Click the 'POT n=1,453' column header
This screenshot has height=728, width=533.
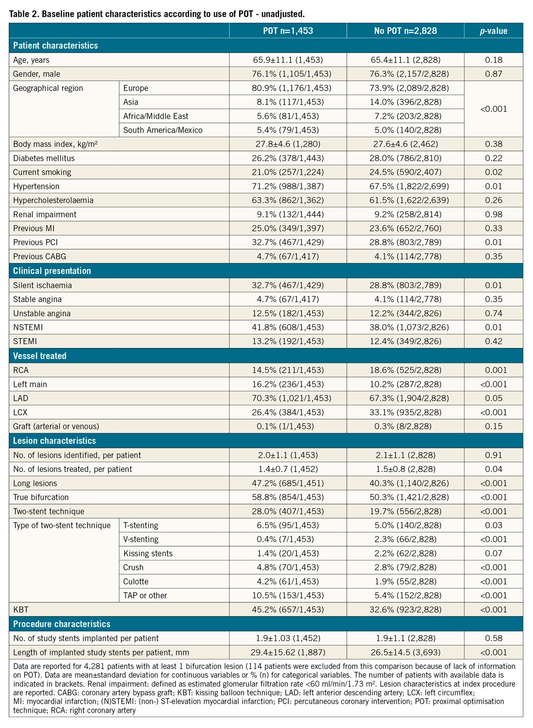(x=288, y=31)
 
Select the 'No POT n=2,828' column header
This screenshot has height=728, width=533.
(x=405, y=31)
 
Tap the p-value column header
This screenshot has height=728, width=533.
(x=493, y=31)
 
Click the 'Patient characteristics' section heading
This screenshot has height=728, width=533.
(x=56, y=45)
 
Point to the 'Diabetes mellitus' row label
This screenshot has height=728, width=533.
(x=44, y=158)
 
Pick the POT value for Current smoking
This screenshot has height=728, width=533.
(x=288, y=172)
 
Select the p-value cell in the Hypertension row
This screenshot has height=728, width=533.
(x=493, y=186)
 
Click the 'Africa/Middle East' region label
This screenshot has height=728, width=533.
(x=156, y=116)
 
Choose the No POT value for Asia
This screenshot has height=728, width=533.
(x=405, y=102)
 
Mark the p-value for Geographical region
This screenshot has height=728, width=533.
(x=493, y=109)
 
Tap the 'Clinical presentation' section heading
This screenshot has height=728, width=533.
(x=52, y=271)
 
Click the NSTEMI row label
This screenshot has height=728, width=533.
(x=28, y=327)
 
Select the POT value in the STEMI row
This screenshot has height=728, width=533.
(x=288, y=341)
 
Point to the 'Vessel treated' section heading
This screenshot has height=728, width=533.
(x=40, y=356)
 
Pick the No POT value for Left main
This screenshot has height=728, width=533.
(x=405, y=384)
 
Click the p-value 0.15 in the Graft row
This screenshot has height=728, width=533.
(x=493, y=426)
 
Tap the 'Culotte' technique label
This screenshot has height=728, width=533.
(x=136, y=581)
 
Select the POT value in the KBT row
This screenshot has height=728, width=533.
(x=288, y=609)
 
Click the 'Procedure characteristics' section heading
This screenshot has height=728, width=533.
(x=62, y=624)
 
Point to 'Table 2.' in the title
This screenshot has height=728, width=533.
(x=23, y=14)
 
